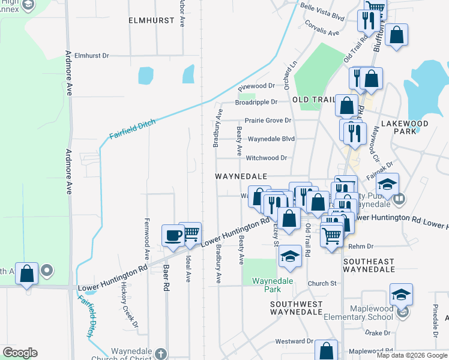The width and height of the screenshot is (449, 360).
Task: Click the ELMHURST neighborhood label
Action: (151, 20)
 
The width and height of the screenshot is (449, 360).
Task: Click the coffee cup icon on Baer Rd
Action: (173, 235)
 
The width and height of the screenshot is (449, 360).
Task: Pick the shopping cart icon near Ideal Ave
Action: (190, 233)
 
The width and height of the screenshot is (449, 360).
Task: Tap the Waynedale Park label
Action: (267, 284)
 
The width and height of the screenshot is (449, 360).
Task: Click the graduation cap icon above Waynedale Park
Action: (290, 256)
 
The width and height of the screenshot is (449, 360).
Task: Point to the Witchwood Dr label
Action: (267, 158)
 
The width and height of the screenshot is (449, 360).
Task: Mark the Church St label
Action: (322, 283)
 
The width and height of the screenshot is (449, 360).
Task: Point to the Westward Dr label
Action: (294, 341)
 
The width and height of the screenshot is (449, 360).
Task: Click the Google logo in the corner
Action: (20, 353)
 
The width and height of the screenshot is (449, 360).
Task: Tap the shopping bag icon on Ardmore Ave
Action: (27, 273)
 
